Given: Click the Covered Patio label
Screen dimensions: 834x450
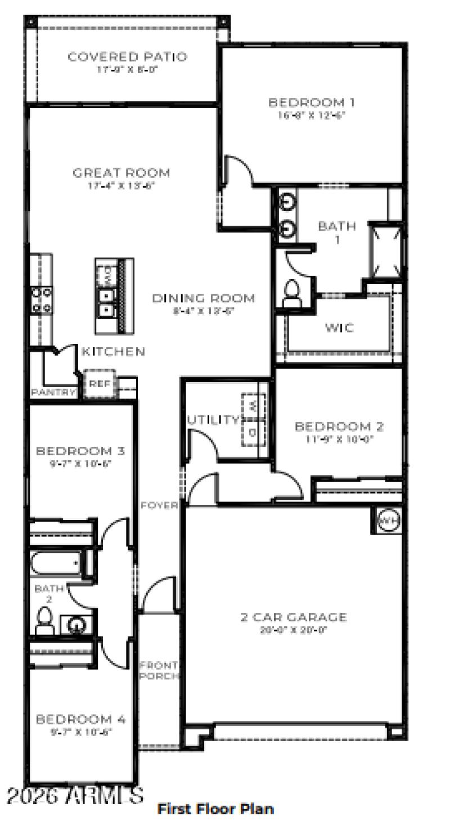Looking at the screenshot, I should pyautogui.click(x=127, y=57).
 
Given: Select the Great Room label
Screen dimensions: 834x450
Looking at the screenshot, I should pyautogui.click(x=121, y=173).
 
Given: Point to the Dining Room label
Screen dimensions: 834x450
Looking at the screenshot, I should pyautogui.click(x=204, y=298).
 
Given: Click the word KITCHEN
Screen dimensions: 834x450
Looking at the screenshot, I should pyautogui.click(x=114, y=352).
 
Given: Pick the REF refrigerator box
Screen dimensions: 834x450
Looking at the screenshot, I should pyautogui.click(x=99, y=384).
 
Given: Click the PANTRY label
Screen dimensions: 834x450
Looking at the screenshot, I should pyautogui.click(x=53, y=392).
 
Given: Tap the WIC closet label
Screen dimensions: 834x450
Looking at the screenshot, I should pyautogui.click(x=339, y=328).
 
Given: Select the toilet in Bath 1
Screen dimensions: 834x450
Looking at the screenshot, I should pyautogui.click(x=292, y=293).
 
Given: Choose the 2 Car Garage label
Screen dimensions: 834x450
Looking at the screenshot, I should pyautogui.click(x=294, y=617).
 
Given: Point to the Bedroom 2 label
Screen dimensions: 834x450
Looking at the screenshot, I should pyautogui.click(x=339, y=427).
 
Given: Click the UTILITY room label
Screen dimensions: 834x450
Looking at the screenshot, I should pyautogui.click(x=213, y=419).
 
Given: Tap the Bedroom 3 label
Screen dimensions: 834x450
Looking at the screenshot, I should pyautogui.click(x=80, y=451).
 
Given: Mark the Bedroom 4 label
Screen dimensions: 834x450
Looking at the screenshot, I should pyautogui.click(x=81, y=719).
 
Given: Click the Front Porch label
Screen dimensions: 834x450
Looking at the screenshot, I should pyautogui.click(x=159, y=670).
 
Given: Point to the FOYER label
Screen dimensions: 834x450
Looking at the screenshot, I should pyautogui.click(x=159, y=505).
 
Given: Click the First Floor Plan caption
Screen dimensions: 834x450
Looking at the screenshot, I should pyautogui.click(x=216, y=809).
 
